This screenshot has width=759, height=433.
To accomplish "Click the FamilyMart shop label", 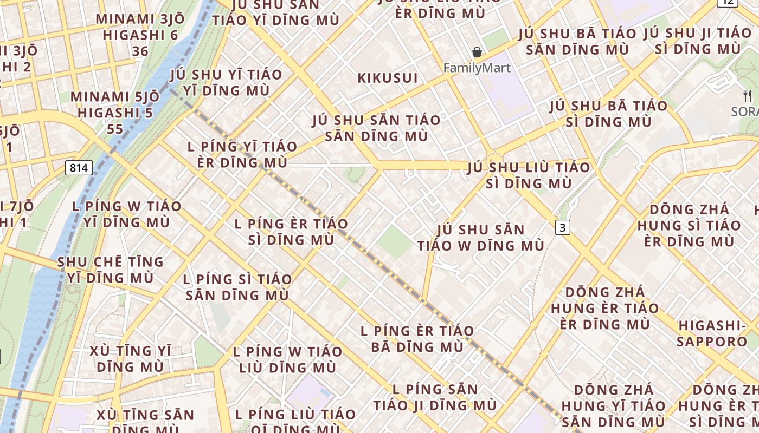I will click(477, 68).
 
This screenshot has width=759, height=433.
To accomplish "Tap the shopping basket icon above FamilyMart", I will click(477, 53).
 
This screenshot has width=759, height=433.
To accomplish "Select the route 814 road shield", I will click(79, 168).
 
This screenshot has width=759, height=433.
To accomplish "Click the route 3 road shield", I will click(563, 228).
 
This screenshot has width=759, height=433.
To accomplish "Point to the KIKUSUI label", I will click(388, 78).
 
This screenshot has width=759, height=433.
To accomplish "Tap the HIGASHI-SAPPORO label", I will click(712, 333).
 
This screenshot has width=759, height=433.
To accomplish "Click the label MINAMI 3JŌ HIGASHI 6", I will click(140, 35).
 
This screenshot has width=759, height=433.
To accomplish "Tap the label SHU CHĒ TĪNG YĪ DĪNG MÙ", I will click(110, 270).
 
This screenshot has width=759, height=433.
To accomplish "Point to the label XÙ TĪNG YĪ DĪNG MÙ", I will click(130, 358).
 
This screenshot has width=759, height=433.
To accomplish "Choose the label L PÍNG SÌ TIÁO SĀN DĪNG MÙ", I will click(237, 287).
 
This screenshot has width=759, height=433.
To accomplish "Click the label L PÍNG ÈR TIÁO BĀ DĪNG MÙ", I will click(417, 338).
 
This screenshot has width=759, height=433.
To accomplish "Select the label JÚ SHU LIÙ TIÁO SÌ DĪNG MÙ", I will click(529, 175).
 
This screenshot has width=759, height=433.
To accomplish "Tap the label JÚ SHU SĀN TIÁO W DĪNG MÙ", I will click(480, 238).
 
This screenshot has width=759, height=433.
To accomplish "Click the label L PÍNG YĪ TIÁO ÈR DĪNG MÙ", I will click(242, 154).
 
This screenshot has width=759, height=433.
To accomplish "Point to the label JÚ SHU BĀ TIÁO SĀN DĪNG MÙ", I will click(577, 42).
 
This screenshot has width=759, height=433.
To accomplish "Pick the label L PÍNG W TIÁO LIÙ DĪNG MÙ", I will click(287, 359).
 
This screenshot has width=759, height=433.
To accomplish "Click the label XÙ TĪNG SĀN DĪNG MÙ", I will click(145, 422).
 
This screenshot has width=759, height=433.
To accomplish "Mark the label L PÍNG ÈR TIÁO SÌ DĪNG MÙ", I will click(291, 231).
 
